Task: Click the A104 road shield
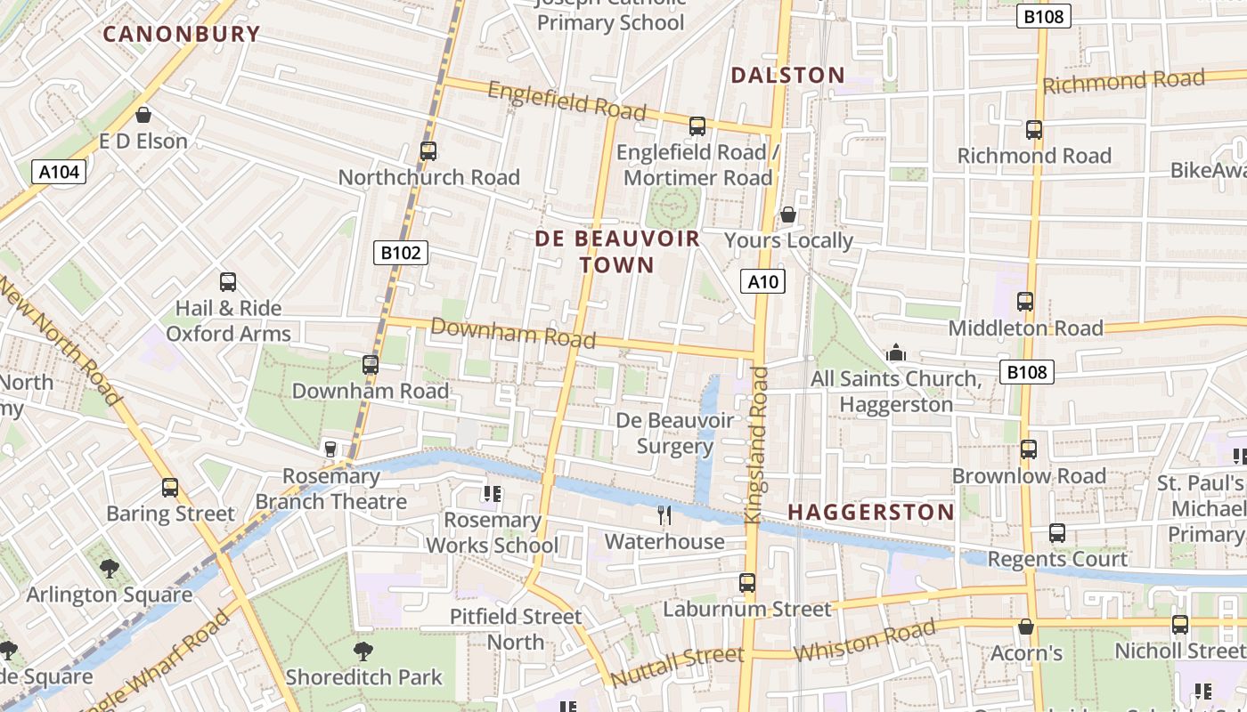tap(60, 172)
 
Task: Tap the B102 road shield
tap(401, 253)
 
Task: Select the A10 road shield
tap(762, 282)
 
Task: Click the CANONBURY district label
tap(182, 35)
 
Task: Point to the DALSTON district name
tap(787, 76)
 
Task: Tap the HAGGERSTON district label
tap(871, 512)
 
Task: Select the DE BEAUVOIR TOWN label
tap(617, 252)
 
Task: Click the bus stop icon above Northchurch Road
tap(428, 151)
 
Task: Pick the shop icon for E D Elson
tap(143, 115)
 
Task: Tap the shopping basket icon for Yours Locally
tap(788, 214)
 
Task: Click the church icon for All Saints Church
tap(896, 353)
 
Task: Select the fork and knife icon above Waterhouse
tap(664, 514)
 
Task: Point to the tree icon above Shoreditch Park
tap(363, 651)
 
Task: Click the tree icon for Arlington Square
tap(109, 568)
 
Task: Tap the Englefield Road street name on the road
tap(566, 100)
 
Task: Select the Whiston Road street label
tap(864, 641)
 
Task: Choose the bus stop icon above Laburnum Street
tap(747, 583)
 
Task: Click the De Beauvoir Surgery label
tap(675, 433)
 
